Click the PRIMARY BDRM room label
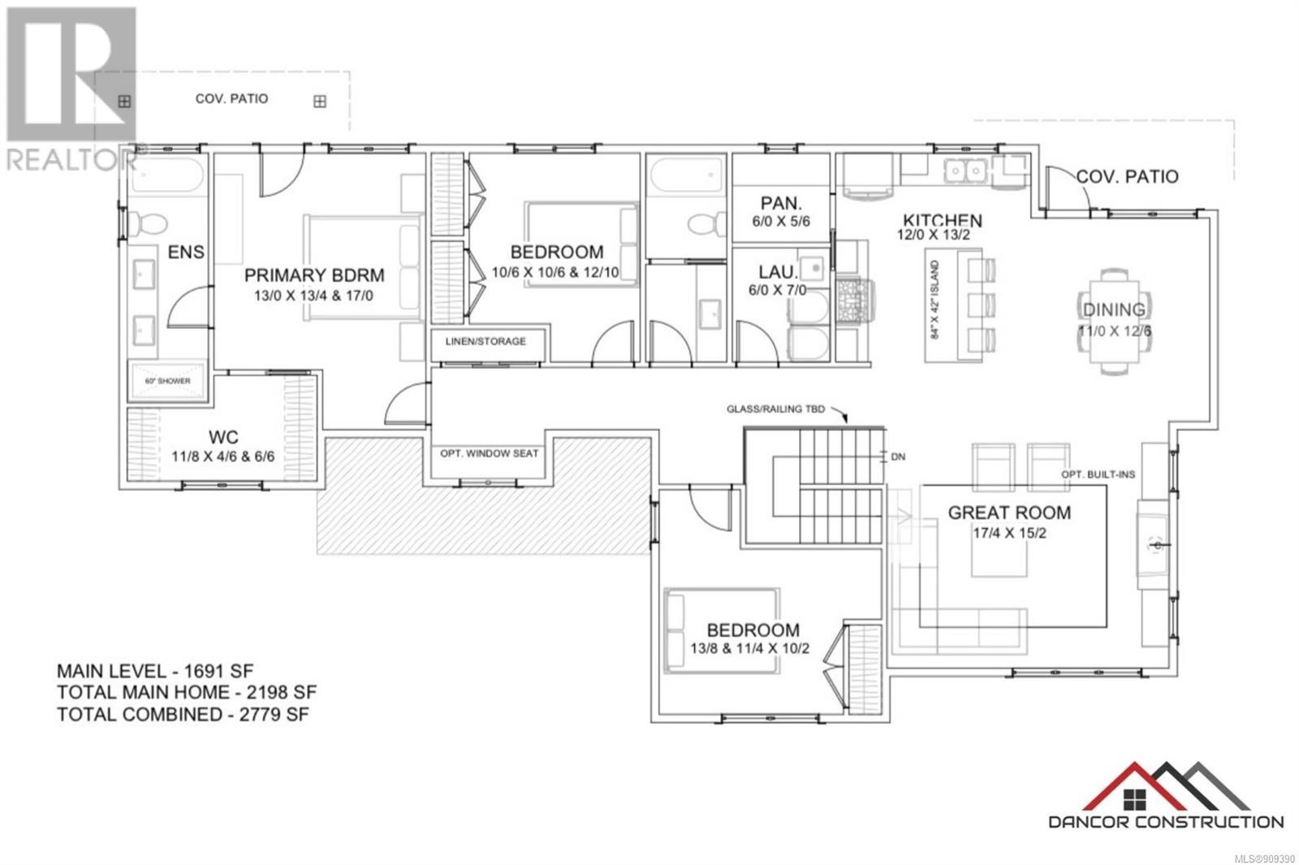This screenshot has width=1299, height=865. pyautogui.click(x=313, y=276)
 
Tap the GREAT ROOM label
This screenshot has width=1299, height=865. pyautogui.click(x=1009, y=513)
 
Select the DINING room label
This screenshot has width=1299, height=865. pyautogui.click(x=1114, y=309)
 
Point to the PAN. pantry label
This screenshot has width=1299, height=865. pyautogui.click(x=781, y=203)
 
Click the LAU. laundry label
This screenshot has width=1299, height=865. pyautogui.click(x=779, y=272)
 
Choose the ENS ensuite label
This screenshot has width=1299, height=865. pyautogui.click(x=186, y=252)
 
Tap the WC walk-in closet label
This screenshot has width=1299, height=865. pyautogui.click(x=222, y=437)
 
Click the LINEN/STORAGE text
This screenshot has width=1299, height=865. pyautogui.click(x=486, y=342)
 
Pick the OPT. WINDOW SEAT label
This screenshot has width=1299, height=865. pyautogui.click(x=489, y=454)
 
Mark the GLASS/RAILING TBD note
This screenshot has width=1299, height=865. pyautogui.click(x=775, y=409)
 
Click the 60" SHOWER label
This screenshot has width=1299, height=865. pyautogui.click(x=167, y=381)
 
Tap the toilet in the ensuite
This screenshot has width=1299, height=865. pyautogui.click(x=149, y=222)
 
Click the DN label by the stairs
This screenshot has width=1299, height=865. pyautogui.click(x=898, y=457)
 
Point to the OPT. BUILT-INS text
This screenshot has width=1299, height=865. pyautogui.click(x=1098, y=475)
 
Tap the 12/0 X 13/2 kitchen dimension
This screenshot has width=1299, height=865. pyautogui.click(x=933, y=235)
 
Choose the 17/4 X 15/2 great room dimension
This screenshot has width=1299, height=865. pyautogui.click(x=1009, y=533)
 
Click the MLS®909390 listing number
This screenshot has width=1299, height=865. pyautogui.click(x=1263, y=858)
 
